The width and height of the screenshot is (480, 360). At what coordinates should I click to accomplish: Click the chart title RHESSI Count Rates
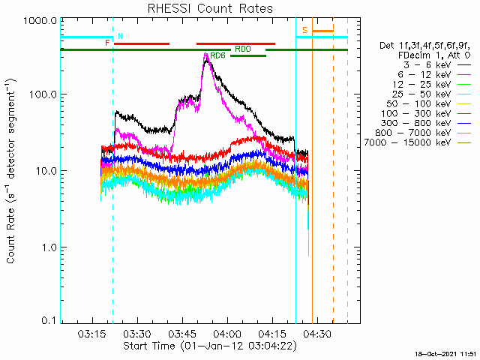(x=210, y=8)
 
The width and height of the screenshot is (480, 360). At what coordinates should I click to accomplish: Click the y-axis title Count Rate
(x=11, y=235)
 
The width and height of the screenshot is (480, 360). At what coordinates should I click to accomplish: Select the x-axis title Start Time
(x=149, y=346)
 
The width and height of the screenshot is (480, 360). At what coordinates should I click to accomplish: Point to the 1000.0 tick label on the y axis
(x=40, y=21)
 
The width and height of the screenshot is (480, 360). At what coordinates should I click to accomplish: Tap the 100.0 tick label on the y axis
(x=43, y=94)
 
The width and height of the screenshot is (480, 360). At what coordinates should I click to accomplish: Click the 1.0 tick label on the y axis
(x=49, y=247)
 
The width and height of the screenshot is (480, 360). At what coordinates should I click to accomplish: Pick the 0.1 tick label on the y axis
(x=49, y=320)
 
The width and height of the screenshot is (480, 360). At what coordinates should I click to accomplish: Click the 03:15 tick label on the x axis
(x=92, y=334)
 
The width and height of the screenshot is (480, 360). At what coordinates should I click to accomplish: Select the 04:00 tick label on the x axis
(x=227, y=334)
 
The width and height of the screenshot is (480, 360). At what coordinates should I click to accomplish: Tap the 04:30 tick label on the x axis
(x=317, y=334)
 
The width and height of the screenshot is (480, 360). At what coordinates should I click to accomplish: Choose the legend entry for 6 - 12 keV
(x=434, y=75)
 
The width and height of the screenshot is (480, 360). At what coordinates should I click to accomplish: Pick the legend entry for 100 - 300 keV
(x=425, y=113)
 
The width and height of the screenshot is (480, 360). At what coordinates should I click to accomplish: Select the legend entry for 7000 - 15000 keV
(x=417, y=142)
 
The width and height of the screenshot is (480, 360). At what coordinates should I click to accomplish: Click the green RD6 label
(x=217, y=55)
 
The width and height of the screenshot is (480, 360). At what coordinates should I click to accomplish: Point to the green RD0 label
(x=243, y=49)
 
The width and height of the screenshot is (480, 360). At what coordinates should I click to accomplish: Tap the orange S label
(x=305, y=30)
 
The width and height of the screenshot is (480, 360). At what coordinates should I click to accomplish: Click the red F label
(x=107, y=43)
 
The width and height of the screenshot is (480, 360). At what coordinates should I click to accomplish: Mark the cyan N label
(x=120, y=36)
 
